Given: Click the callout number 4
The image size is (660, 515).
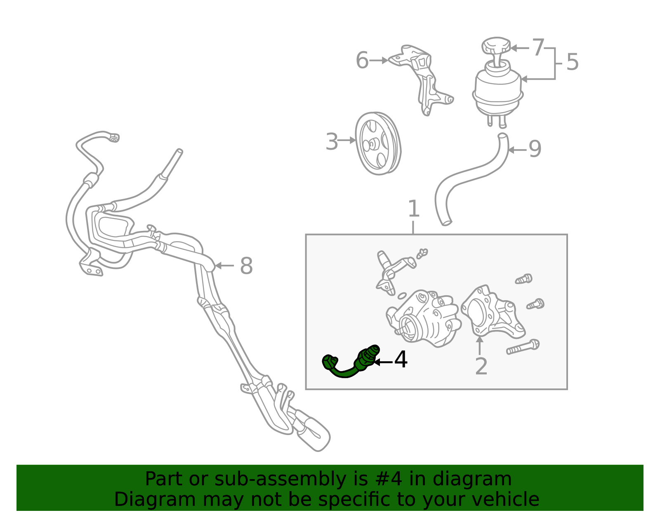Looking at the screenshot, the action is (x=400, y=360).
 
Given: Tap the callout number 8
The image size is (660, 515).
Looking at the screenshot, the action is (x=246, y=266).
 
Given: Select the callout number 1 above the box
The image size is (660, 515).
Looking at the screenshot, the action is (x=413, y=209).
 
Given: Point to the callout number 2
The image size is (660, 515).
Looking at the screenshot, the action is (x=481, y=367).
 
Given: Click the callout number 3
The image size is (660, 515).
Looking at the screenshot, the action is (x=331, y=141).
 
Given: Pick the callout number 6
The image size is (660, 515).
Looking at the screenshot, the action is (x=362, y=60).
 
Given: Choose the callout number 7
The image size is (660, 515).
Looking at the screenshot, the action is (x=538, y=47).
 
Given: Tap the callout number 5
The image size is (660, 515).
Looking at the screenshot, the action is (x=573, y=62).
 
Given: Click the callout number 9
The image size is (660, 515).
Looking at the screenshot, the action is (x=535, y=149).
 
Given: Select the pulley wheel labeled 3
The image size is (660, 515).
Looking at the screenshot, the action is (x=378, y=143).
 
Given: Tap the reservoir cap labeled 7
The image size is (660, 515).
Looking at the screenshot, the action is (x=496, y=47).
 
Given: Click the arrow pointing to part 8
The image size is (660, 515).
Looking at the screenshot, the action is (x=224, y=266).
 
